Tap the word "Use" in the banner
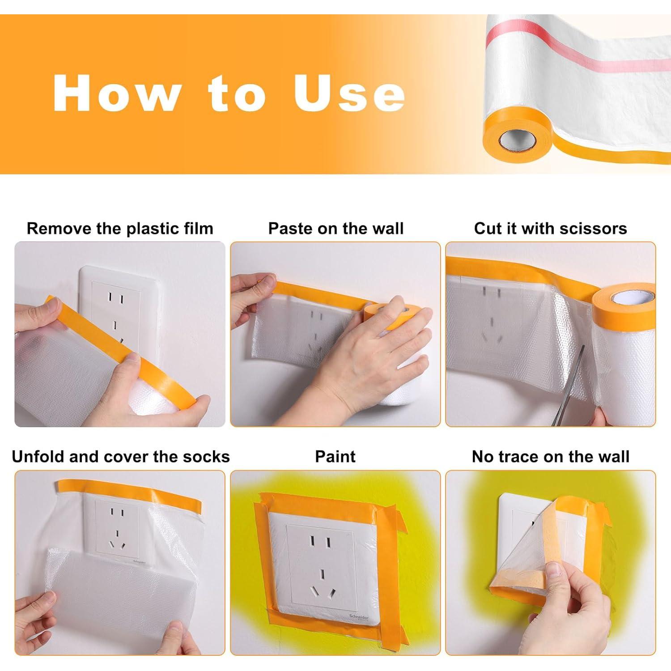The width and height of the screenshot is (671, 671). (x=349, y=93)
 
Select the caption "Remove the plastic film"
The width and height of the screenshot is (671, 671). (x=120, y=229)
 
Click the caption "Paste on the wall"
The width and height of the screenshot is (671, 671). (x=335, y=229)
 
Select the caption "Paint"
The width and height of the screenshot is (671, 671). (x=335, y=457)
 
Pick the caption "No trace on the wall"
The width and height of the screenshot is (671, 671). (x=551, y=457)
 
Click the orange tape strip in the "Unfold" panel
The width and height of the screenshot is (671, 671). (x=129, y=495)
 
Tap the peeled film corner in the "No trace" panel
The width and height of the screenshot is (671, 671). (x=521, y=559)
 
